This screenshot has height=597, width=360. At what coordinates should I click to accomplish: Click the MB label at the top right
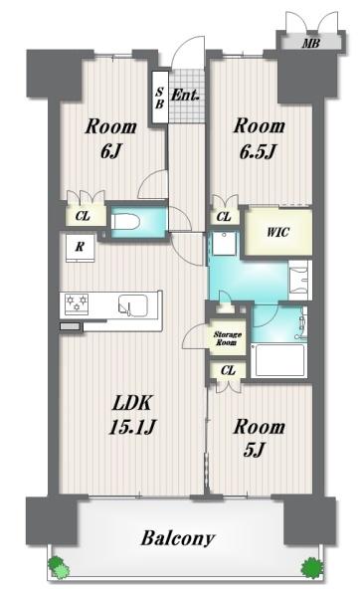click(311, 44)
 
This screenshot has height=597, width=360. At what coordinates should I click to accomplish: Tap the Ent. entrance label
click(185, 95)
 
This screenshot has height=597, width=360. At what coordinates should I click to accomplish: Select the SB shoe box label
click(159, 98)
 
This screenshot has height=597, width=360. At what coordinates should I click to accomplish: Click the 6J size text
click(110, 152)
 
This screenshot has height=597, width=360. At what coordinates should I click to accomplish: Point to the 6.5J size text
click(258, 152)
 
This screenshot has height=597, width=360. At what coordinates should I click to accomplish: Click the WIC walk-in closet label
click(278, 232)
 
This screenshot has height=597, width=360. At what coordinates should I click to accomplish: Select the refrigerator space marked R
click(80, 248)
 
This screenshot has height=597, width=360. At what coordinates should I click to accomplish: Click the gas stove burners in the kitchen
click(77, 303)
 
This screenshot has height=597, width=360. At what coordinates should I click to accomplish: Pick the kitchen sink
click(133, 305)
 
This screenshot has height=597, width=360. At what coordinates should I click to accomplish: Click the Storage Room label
click(227, 338)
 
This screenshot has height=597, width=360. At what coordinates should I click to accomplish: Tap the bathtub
click(279, 360)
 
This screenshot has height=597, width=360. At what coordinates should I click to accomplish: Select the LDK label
click(132, 403)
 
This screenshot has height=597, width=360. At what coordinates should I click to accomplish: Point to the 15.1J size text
click(131, 427)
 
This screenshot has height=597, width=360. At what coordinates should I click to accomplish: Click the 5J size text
click(254, 451)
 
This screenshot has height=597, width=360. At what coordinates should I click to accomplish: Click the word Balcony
click(178, 538)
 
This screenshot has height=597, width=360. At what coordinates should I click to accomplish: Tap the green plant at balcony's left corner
click(59, 567)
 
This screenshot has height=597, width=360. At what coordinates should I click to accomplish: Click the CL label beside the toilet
click(83, 216)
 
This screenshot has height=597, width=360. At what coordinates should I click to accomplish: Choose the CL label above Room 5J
click(228, 370)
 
